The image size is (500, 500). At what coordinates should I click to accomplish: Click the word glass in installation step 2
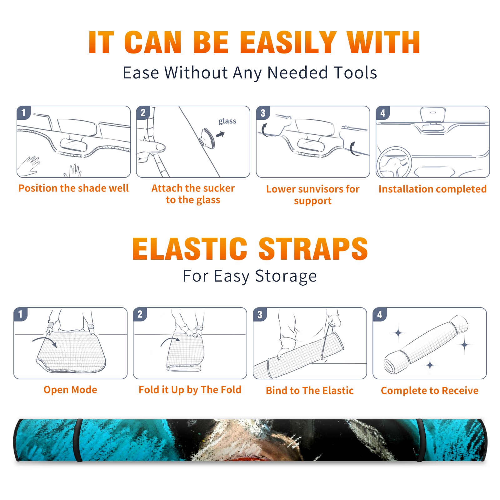227,121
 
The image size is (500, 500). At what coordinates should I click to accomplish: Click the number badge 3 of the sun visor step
263,113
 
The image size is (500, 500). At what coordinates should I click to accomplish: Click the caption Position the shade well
73,188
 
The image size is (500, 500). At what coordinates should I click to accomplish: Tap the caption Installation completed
432,189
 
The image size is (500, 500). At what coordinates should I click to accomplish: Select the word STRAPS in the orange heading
313,249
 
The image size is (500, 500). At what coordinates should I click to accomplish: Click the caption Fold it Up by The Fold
190,390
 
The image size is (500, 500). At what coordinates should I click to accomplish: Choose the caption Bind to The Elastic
310,391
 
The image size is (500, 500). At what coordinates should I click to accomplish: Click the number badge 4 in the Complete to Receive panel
380,314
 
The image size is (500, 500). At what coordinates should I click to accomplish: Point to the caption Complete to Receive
430,391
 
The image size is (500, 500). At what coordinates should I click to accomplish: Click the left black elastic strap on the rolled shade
78,440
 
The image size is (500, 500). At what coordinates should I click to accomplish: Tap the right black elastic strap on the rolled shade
420,440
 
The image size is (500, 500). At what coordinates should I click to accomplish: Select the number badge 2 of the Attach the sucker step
143,113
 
